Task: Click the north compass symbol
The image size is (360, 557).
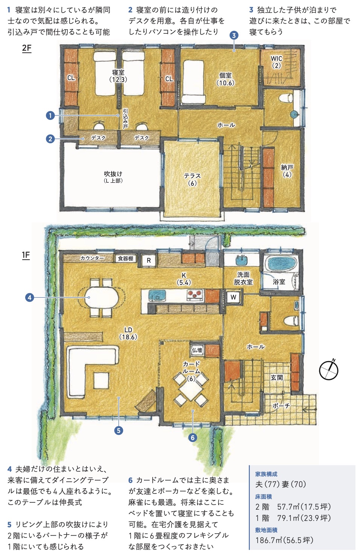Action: tap(329, 370)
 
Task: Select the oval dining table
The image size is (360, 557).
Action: tap(101, 297)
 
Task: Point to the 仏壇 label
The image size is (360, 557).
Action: tap(197, 350)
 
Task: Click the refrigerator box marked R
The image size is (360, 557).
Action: tap(149, 260)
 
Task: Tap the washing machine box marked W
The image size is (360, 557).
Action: tap(233, 297)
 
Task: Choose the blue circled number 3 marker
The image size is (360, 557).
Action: tap(234, 36)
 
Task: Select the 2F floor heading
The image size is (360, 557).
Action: tap(27, 48)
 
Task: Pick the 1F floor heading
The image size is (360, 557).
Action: tap(26, 255)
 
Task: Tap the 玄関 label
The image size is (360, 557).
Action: tap(276, 377)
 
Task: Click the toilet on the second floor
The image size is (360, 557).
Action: tap(286, 98)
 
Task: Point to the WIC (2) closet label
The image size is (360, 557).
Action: tap(276, 62)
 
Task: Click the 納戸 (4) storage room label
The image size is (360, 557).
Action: tap(287, 171)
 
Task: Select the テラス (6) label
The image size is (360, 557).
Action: tap(192, 180)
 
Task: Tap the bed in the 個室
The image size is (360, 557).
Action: tap(193, 82)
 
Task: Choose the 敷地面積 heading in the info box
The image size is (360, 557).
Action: tap(266, 530)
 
